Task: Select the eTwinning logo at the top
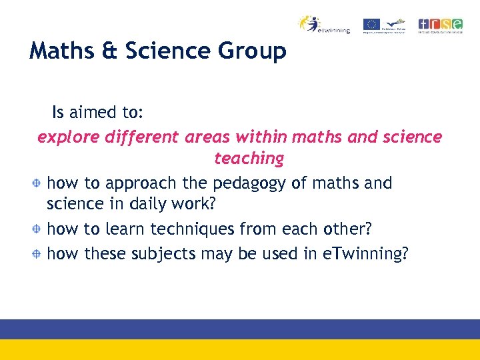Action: pyautogui.click(x=324, y=25)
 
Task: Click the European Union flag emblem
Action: pyautogui.click(x=371, y=25)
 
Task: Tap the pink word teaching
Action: pyautogui.click(x=249, y=159)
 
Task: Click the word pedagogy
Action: pyautogui.click(x=250, y=183)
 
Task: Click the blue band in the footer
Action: pyautogui.click(x=240, y=329)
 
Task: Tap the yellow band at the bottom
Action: pyautogui.click(x=240, y=350)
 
